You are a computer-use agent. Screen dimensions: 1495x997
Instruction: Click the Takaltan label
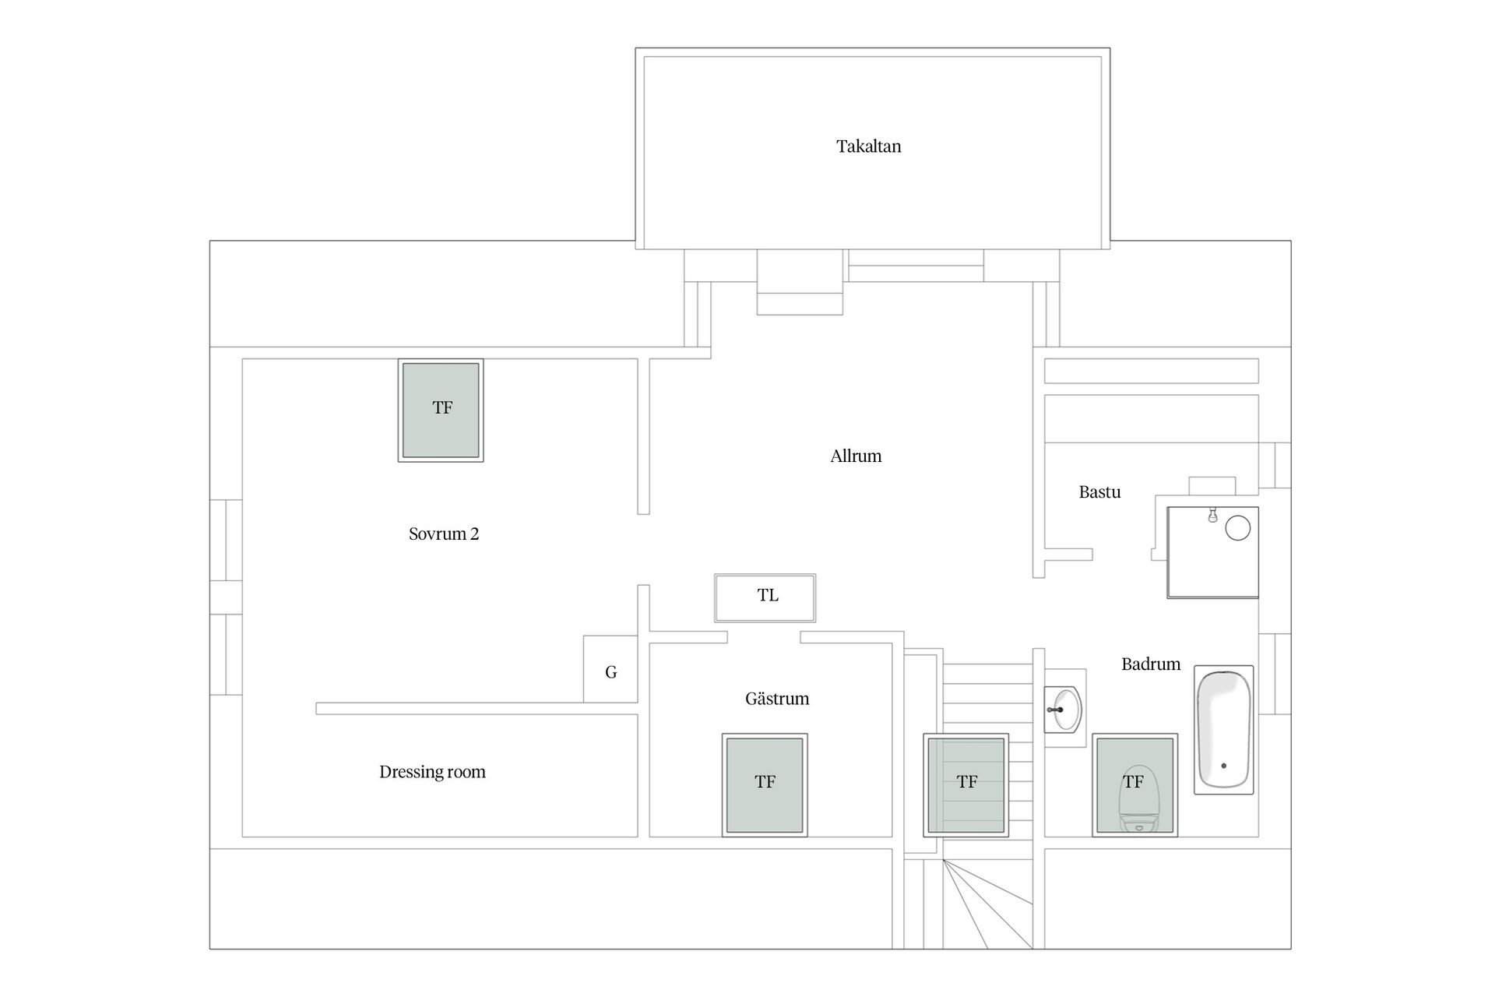[868, 146]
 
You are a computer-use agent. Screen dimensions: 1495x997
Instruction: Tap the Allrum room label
[856, 456]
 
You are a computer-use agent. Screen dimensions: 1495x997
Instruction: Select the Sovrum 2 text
[444, 534]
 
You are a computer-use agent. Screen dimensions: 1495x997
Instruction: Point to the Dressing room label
[432, 772]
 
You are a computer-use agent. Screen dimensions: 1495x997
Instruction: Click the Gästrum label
[777, 699]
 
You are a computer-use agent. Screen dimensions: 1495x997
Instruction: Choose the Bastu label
[1099, 492]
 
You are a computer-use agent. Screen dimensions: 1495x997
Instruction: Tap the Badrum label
[1151, 664]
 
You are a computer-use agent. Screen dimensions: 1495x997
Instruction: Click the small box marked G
[610, 669]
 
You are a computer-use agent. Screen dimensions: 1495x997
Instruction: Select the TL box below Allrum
[765, 598]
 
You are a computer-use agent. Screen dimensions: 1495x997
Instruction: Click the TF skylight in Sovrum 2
[441, 410]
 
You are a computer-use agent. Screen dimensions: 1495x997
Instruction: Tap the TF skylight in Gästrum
[765, 785]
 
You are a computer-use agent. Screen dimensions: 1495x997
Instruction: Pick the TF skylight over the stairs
[966, 785]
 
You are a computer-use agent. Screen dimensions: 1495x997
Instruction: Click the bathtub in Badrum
[1224, 730]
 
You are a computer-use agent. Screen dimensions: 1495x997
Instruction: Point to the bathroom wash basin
[1063, 710]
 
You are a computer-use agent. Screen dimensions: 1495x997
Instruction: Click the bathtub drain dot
[1224, 766]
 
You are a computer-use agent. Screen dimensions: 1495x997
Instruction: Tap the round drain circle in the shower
[1238, 528]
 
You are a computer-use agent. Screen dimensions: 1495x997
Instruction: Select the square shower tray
[1212, 552]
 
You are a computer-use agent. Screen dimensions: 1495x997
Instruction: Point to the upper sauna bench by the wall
[1151, 371]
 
